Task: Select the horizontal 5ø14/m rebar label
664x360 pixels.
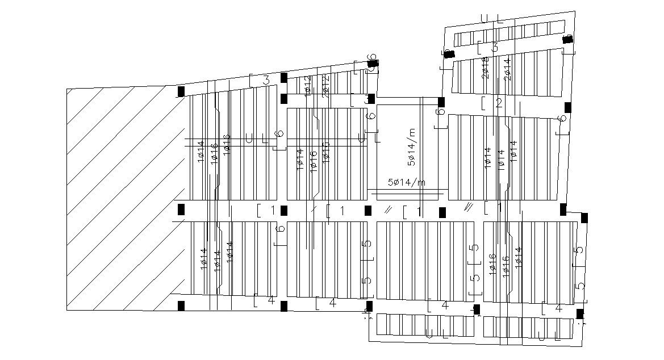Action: (x=406, y=182)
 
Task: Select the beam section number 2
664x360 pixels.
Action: (x=499, y=103)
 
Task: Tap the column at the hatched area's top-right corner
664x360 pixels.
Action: (x=181, y=91)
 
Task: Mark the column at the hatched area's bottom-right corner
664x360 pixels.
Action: (x=181, y=306)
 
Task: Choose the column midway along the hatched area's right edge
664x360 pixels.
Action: (x=181, y=210)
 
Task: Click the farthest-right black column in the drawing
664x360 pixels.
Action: (x=584, y=218)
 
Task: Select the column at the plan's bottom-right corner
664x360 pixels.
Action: (x=580, y=314)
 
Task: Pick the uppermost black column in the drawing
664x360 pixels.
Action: (x=567, y=39)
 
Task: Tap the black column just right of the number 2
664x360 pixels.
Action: (x=567, y=107)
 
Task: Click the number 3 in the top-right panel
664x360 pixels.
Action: (x=495, y=48)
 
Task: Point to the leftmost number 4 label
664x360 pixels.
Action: (x=271, y=300)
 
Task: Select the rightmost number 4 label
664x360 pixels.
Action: (x=558, y=309)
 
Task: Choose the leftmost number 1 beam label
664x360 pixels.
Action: (x=272, y=210)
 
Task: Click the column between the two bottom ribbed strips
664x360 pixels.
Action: (x=477, y=309)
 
